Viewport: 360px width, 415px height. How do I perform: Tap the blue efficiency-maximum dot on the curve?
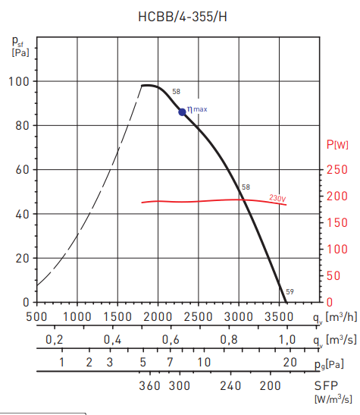tap(182, 112)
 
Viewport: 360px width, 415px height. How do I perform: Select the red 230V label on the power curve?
tap(277, 198)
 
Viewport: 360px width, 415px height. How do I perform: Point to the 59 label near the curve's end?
tap(290, 291)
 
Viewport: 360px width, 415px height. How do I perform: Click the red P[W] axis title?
tap(337, 144)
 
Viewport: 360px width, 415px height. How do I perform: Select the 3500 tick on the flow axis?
tap(280, 316)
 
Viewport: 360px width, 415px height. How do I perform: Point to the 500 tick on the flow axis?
tap(36, 316)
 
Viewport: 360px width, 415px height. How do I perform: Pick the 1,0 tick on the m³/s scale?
tap(287, 339)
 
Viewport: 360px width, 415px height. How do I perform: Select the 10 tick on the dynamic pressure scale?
tap(204, 363)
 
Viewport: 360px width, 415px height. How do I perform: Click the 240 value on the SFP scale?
tap(230, 385)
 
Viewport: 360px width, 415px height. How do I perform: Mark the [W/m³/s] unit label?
tap(334, 399)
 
